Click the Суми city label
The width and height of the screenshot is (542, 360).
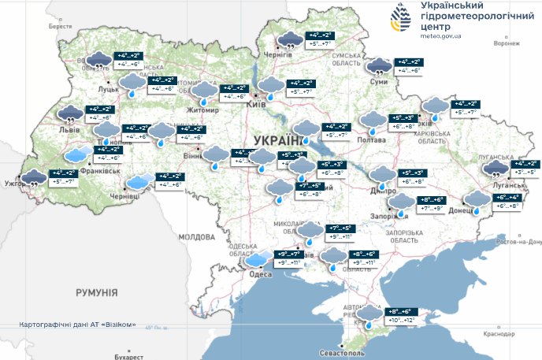click(x=380, y=81)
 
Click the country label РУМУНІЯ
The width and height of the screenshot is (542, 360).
click(x=96, y=292)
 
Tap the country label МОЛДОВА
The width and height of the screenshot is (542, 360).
click(x=196, y=236)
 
